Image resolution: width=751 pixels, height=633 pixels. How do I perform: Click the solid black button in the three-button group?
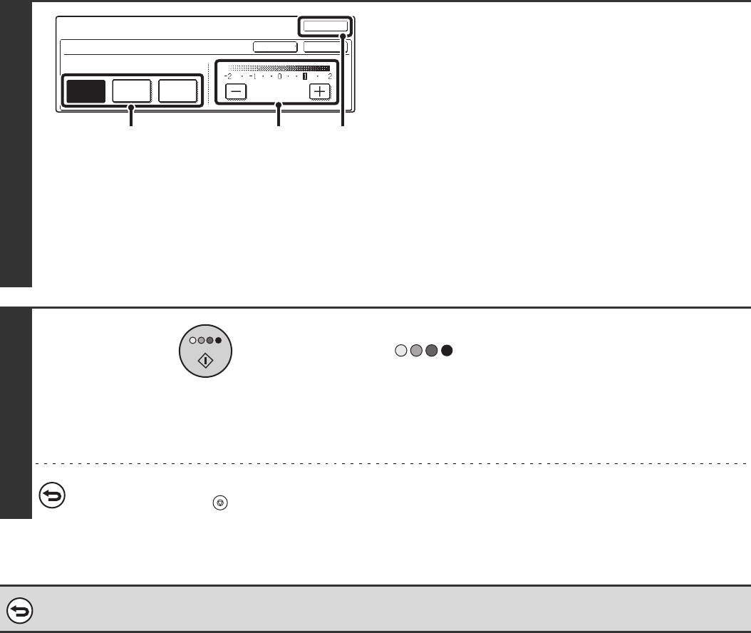click(x=86, y=93)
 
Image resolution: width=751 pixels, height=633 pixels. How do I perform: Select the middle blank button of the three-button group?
click(x=132, y=93)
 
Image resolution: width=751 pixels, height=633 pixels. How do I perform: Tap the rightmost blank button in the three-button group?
click(x=177, y=93)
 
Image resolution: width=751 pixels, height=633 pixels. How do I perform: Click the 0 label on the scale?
click(x=279, y=76)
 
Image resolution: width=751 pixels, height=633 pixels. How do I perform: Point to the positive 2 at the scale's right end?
click(x=330, y=76)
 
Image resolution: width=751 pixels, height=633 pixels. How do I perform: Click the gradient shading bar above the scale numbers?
click(x=279, y=68)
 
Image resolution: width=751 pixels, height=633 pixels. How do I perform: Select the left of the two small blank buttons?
click(x=276, y=46)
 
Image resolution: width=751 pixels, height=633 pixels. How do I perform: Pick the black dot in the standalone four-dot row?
click(x=447, y=351)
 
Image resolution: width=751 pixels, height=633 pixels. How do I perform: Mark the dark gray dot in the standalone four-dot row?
click(x=431, y=351)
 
